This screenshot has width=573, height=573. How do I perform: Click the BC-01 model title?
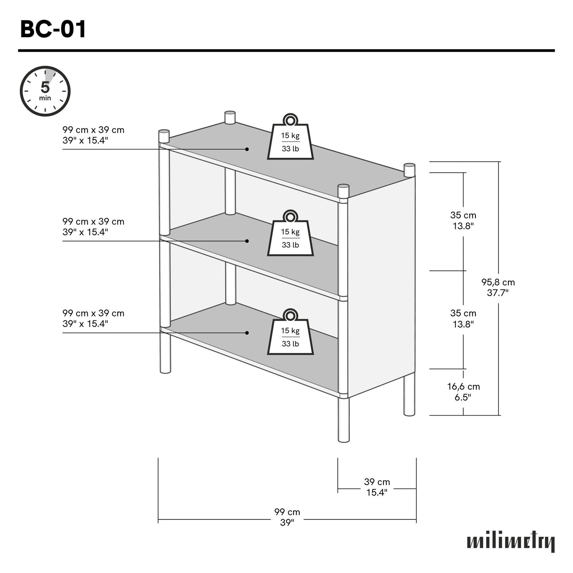tap(53, 30)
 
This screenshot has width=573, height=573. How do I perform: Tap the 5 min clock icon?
tap(45, 91)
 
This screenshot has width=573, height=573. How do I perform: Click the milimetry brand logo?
tap(511, 542)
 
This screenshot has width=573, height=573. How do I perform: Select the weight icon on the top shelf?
tap(291, 139)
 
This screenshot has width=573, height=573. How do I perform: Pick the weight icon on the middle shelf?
tap(291, 235)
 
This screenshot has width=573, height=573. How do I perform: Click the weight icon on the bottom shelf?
tap(291, 334)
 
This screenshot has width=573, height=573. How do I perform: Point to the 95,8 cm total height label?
tap(498, 287)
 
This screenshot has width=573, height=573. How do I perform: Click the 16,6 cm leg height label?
tap(463, 392)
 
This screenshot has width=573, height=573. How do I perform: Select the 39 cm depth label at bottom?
tap(377, 487)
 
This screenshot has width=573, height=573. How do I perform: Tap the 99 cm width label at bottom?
tap(287, 517)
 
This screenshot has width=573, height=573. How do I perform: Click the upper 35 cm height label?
tap(463, 220)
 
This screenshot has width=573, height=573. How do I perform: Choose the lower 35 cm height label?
tap(463, 318)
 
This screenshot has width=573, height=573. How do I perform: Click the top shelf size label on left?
tap(93, 135)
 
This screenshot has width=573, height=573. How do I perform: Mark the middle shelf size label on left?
tap(93, 226)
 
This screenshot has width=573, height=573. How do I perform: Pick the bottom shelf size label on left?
tap(93, 318)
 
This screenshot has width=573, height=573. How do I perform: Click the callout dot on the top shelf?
tap(247, 149)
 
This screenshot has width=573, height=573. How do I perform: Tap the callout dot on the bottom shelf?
tap(247, 333)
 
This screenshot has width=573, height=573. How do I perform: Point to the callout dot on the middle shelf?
tap(247, 241)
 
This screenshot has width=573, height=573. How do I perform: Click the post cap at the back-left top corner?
tap(230, 117)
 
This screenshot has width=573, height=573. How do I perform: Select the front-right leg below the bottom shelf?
tap(343, 420)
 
